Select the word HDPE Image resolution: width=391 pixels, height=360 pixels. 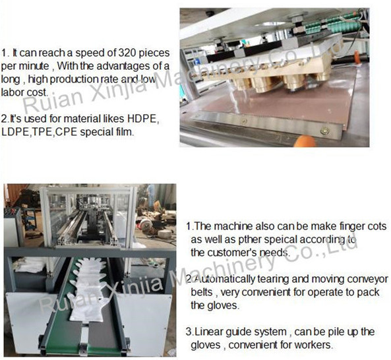[143, 119]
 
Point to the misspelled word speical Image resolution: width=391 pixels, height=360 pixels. [281, 239]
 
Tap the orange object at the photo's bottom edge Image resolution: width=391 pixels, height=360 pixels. [305, 141]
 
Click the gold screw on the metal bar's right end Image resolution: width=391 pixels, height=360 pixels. [325, 130]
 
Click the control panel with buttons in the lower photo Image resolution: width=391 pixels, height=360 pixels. [12, 213]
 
